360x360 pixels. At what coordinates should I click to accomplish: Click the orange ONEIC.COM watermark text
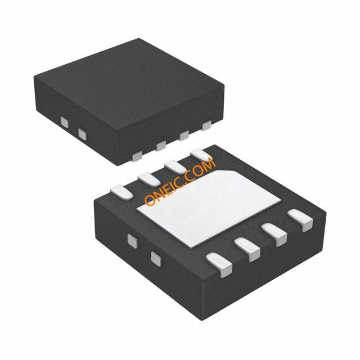click(180, 181)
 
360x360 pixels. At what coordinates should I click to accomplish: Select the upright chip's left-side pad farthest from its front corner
click(65, 122)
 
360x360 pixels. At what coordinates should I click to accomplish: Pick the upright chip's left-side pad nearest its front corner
click(82, 134)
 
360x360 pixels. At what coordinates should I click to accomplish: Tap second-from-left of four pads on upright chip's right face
click(161, 146)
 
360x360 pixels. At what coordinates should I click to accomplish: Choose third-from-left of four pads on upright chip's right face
click(184, 135)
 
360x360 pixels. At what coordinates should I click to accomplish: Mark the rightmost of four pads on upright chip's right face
click(206, 125)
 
